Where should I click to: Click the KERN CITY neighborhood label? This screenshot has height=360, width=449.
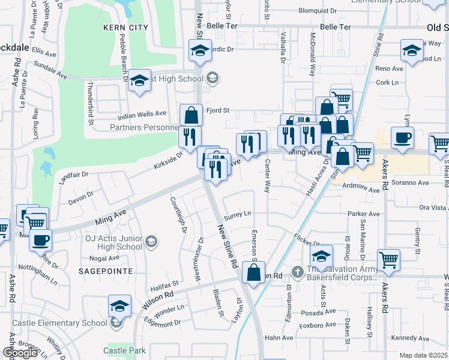tap(125, 28)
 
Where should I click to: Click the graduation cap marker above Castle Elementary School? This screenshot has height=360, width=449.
tap(120, 305)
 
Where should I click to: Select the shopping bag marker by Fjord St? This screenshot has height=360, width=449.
tap(191, 114)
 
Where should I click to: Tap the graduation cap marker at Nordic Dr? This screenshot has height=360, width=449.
tap(200, 50)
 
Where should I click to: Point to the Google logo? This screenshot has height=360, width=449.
tap(20, 353)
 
